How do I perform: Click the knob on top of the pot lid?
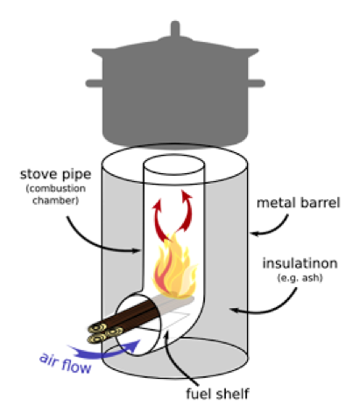(175, 29)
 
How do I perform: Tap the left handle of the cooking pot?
(94, 83)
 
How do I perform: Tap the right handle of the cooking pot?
(256, 83)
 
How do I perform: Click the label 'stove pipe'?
(55, 174)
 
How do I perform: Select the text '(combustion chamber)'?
(55, 194)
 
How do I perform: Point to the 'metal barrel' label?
(298, 203)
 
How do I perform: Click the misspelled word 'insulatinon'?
(300, 263)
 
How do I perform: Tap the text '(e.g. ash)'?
(300, 277)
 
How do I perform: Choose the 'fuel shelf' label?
(217, 394)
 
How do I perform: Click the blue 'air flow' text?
(66, 363)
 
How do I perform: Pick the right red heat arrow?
(187, 212)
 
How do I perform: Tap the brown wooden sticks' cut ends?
(105, 333)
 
